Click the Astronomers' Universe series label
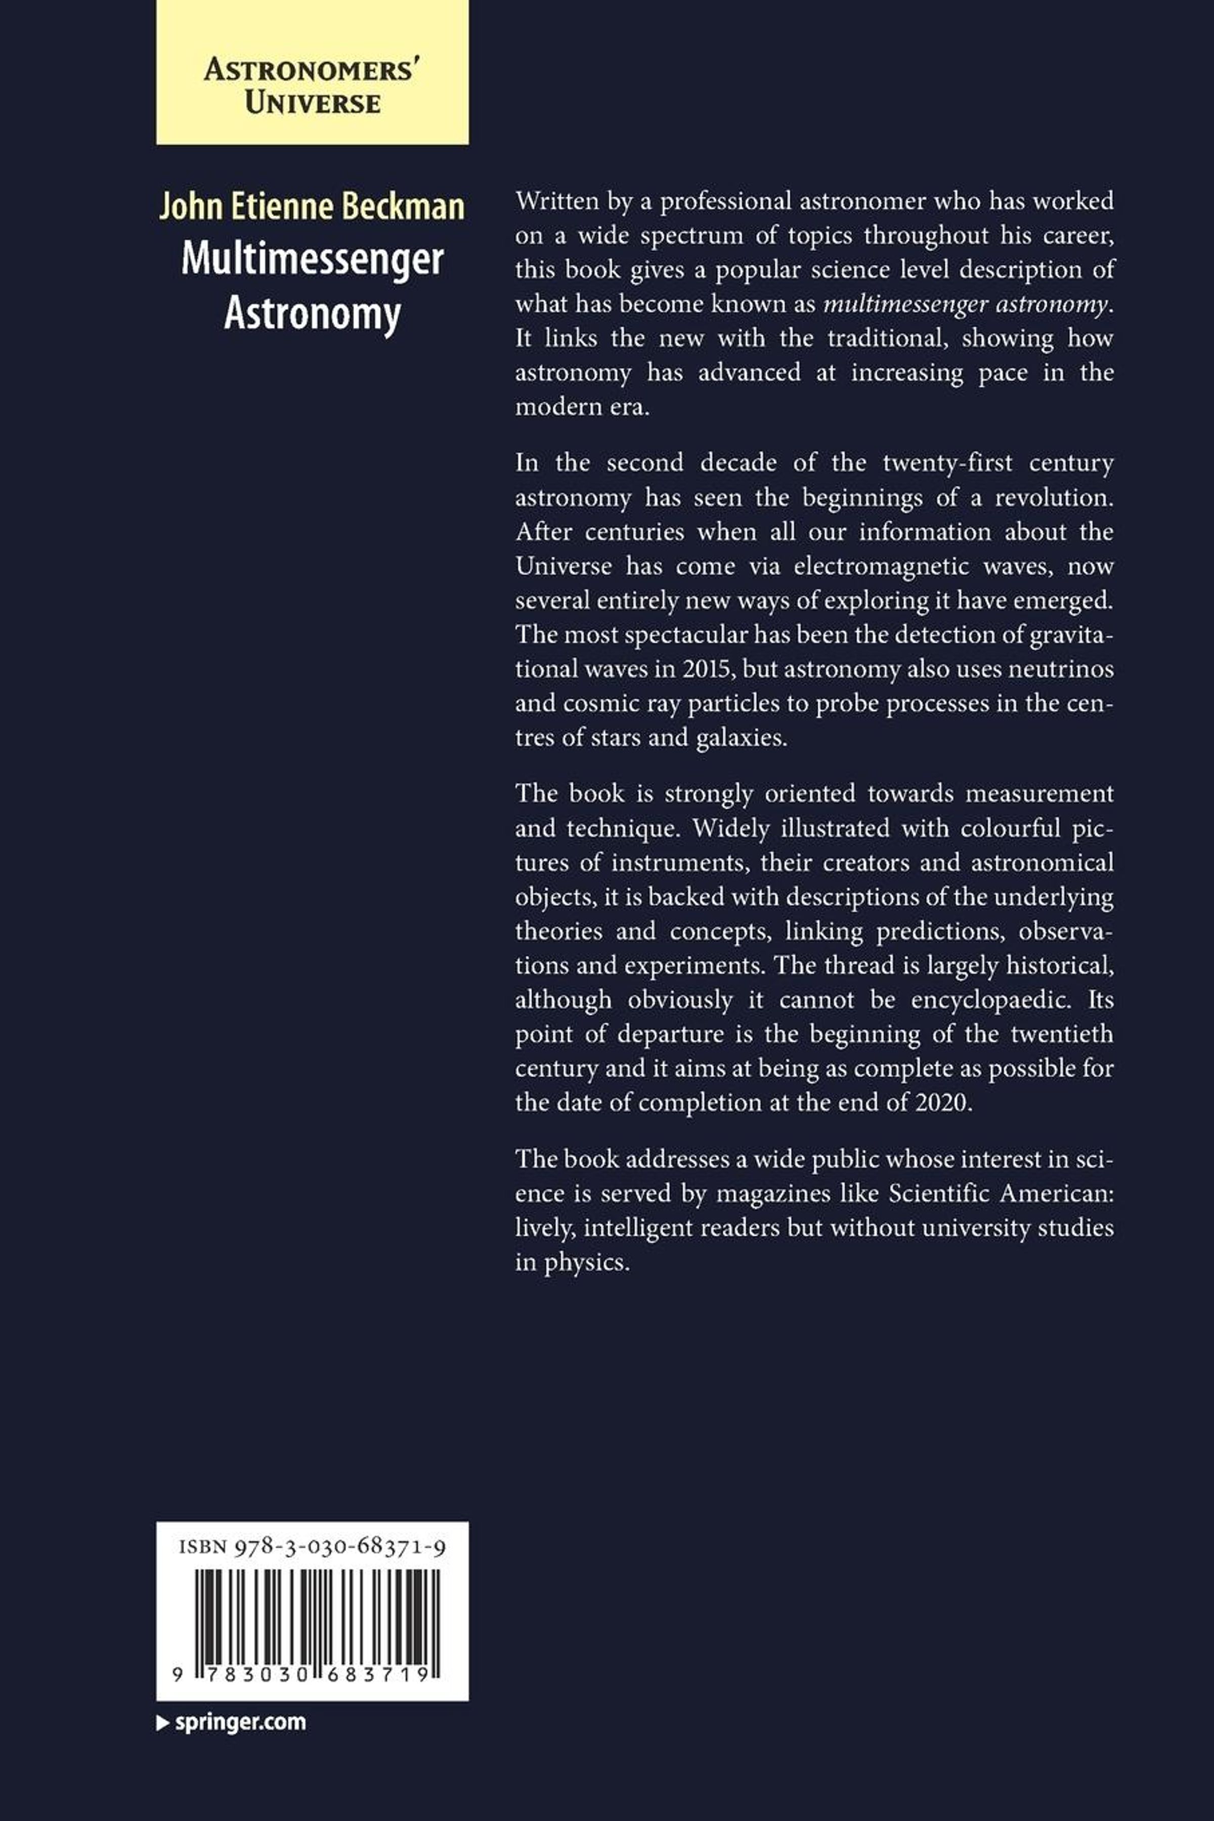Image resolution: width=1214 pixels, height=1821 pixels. pos(312,87)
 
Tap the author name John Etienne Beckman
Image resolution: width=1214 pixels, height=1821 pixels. pos(312,207)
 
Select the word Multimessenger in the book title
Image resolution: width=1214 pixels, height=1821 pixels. pos(312,260)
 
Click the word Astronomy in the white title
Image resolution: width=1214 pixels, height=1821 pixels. pos(312,314)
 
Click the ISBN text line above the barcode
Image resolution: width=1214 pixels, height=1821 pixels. pos(312,1547)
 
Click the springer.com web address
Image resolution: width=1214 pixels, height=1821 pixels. pos(240,1723)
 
